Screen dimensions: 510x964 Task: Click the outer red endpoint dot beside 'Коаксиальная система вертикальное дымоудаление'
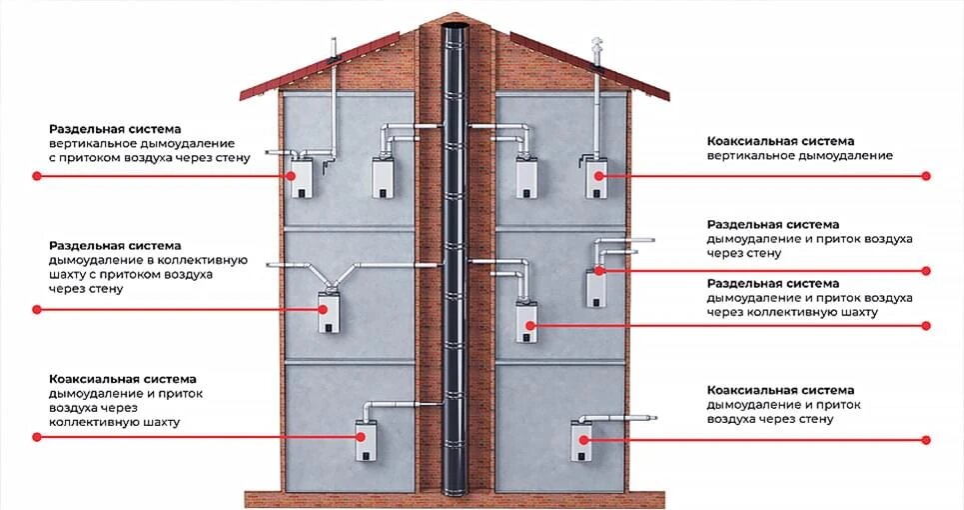(926, 175)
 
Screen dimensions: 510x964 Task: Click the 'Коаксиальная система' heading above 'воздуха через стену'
(780, 389)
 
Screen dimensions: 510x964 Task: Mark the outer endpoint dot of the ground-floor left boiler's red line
(37, 437)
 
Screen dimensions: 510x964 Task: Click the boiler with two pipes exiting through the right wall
(598, 288)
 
